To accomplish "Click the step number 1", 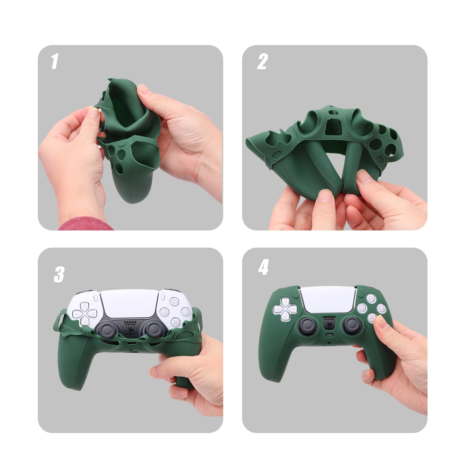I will click(x=55, y=62).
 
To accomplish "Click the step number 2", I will click(x=262, y=62).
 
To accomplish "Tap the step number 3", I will click(x=59, y=275).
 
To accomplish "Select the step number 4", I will click(x=263, y=267).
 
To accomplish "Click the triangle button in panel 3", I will click(x=174, y=301).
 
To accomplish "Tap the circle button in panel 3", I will click(x=185, y=312).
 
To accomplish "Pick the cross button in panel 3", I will click(x=175, y=322).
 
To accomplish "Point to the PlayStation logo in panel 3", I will click(x=130, y=331).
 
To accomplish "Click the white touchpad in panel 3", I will click(x=129, y=304).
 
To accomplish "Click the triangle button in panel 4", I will click(x=371, y=298).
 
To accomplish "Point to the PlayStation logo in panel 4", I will click(x=329, y=325).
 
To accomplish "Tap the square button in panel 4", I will click(x=362, y=308).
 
